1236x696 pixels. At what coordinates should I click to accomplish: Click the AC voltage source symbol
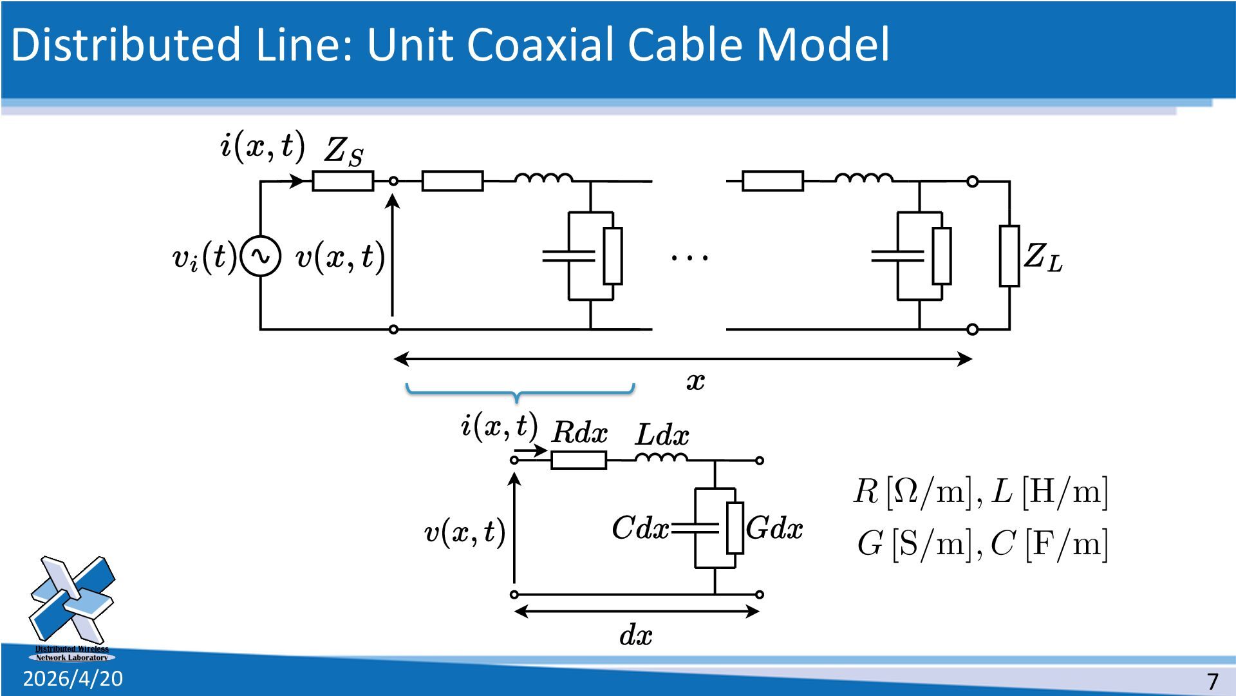click(261, 256)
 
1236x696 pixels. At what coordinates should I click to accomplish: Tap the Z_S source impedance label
click(343, 152)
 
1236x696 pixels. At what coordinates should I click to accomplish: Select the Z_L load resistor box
click(1009, 256)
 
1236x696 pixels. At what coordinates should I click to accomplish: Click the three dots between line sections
click(689, 257)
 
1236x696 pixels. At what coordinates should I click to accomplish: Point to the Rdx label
click(579, 432)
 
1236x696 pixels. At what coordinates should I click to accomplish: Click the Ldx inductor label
click(662, 435)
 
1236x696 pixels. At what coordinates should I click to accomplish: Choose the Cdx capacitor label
click(640, 528)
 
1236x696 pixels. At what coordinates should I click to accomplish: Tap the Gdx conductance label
click(774, 528)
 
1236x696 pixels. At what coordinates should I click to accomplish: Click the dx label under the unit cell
click(635, 635)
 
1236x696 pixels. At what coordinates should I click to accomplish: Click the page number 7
click(1213, 681)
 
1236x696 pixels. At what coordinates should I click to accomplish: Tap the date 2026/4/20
click(73, 679)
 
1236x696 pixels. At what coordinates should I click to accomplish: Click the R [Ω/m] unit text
click(913, 492)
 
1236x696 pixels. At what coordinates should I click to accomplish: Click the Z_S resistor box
click(342, 181)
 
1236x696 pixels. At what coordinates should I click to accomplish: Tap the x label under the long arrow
click(695, 382)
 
